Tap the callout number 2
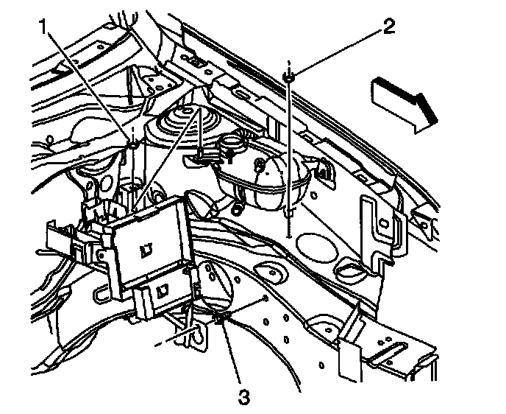pyautogui.click(x=388, y=29)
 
